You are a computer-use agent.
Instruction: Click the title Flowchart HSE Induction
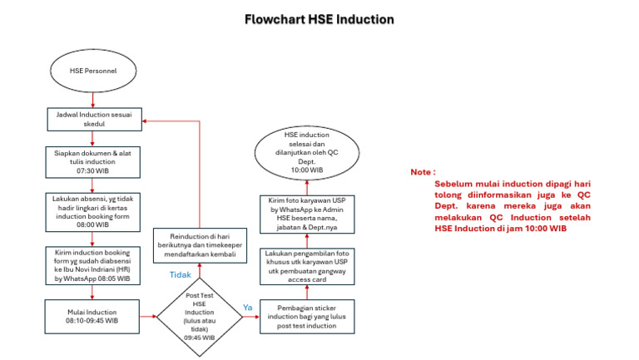pyautogui.click(x=319, y=18)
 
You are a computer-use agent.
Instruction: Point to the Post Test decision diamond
pyautogui.click(x=199, y=316)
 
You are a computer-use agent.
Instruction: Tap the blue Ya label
pyautogui.click(x=247, y=307)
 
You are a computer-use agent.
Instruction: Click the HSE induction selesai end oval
pyautogui.click(x=309, y=152)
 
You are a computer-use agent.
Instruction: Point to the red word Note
pyautogui.click(x=422, y=172)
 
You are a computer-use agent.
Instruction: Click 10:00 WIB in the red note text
pyautogui.click(x=542, y=228)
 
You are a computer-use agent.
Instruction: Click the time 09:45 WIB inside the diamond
pyautogui.click(x=199, y=338)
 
